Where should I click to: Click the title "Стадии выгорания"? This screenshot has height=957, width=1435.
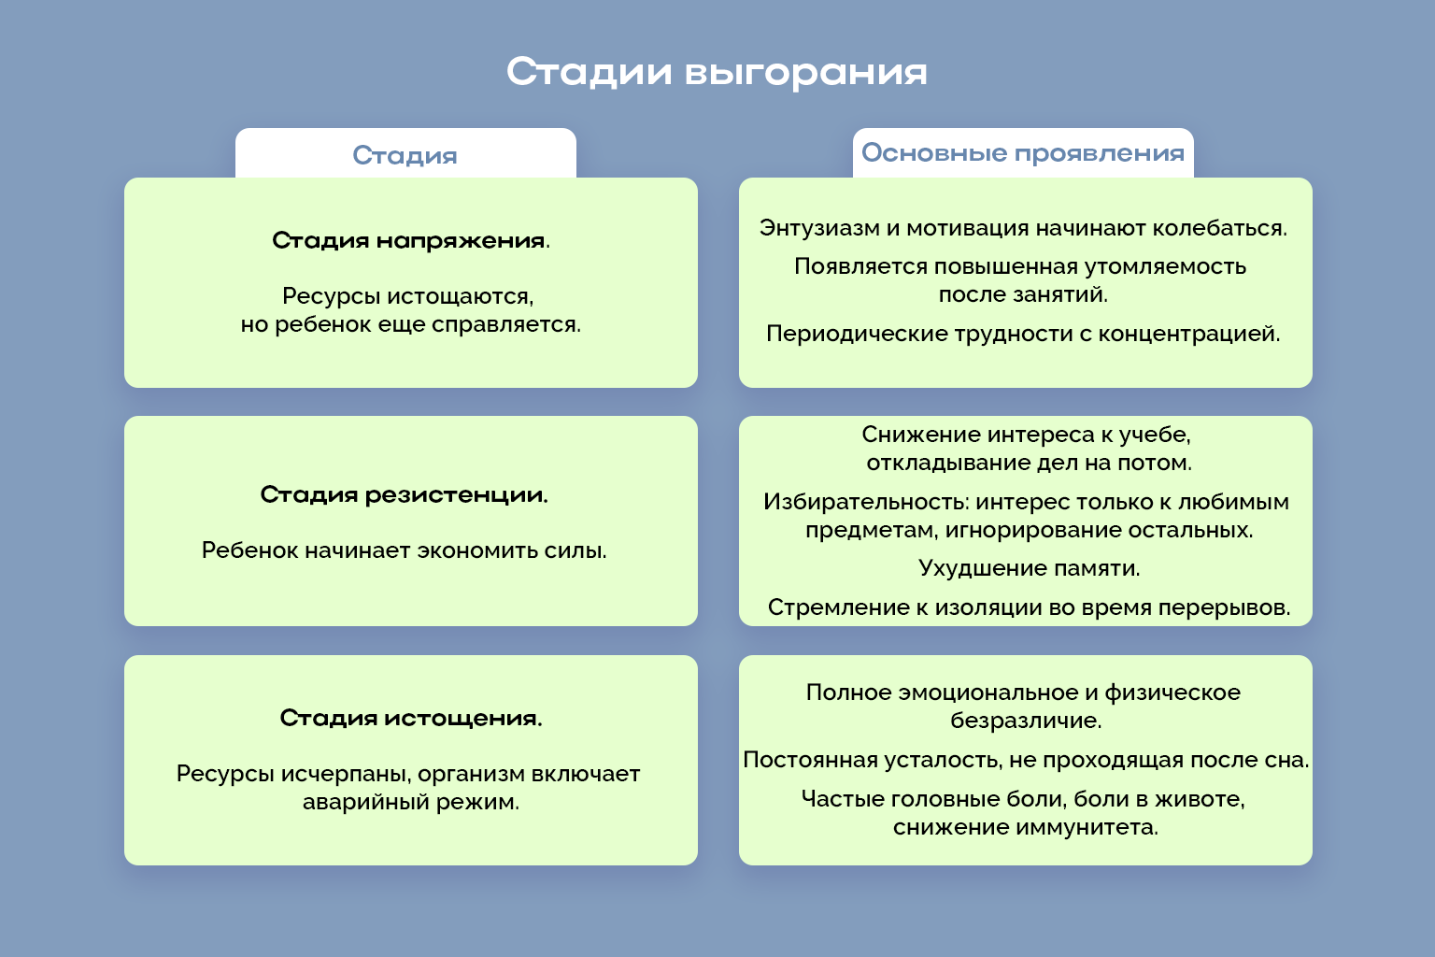pos(717,72)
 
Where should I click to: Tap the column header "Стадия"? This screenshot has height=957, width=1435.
pos(405,155)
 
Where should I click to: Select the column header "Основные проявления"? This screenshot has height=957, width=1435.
pos(1022,153)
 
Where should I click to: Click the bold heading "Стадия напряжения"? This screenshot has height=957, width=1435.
pos(408,240)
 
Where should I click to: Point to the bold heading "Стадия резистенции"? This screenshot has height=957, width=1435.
pos(403,494)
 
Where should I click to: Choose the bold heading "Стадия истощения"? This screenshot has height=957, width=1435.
pos(410,718)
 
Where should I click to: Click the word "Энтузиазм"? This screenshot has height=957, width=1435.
pos(819,228)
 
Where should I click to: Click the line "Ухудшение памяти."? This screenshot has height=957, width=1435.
pos(1029,568)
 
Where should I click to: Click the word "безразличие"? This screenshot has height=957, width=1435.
pos(1025,721)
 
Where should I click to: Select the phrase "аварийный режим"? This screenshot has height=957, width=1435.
pos(410,802)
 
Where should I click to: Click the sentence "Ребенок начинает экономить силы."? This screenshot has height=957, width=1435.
pos(404,550)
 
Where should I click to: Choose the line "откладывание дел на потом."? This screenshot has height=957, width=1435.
pos(1029,463)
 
